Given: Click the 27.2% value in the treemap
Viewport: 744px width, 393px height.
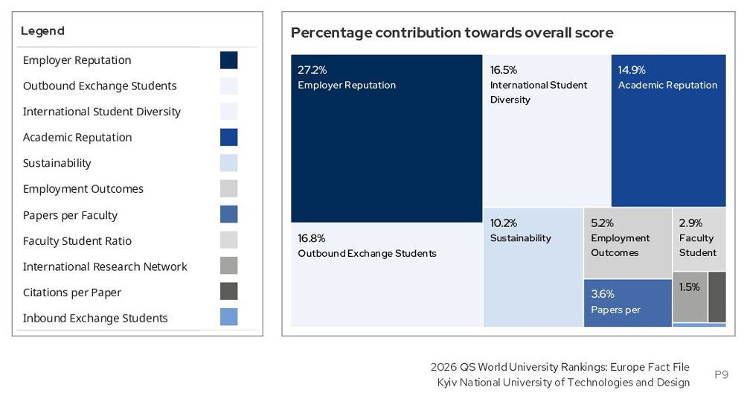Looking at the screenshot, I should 312,70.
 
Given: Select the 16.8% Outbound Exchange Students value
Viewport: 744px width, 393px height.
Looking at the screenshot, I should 312,238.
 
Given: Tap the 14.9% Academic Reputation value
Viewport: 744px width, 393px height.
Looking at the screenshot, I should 632,70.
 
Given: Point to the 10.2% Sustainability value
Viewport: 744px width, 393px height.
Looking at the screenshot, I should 504,223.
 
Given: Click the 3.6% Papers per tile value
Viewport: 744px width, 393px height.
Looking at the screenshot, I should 603,294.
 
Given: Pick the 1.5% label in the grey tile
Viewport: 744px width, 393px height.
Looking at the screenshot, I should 689,287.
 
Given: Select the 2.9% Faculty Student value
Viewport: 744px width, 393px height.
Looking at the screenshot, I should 690,223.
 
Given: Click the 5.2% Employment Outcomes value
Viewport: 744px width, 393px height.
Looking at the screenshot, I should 602,223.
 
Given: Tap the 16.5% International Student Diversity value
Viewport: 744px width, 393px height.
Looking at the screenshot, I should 504,70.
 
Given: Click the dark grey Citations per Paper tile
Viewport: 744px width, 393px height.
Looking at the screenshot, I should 717,296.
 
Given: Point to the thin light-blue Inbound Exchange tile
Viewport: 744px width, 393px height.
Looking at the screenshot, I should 699,325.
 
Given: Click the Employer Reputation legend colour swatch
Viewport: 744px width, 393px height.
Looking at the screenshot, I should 228,60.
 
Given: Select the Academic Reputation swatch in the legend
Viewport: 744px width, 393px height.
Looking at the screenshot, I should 228,137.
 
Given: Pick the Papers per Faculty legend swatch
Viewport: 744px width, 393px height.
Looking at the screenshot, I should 228,214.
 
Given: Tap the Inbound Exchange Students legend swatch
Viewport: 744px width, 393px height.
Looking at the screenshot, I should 228,317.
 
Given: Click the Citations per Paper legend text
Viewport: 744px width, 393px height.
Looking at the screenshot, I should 72,293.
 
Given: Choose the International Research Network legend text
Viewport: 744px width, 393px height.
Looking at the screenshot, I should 105,266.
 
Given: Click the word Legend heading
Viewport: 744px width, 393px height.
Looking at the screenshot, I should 42,31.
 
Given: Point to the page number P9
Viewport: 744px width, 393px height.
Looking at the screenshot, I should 721,374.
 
